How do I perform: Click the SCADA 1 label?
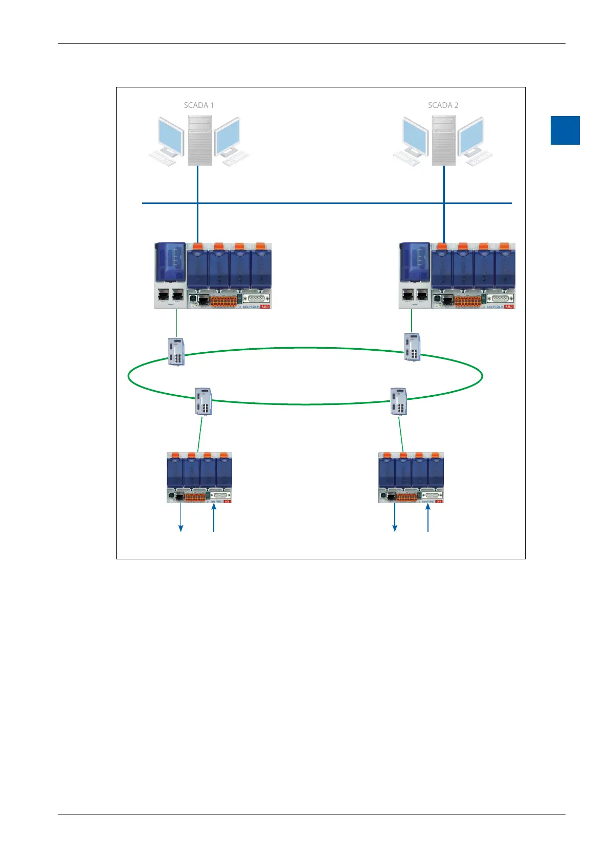(x=199, y=105)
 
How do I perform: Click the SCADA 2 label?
(x=443, y=105)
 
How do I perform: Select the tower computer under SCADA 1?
(x=199, y=140)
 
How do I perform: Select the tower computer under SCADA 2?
(x=443, y=140)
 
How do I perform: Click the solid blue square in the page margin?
(x=565, y=130)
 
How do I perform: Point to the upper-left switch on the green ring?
(x=176, y=352)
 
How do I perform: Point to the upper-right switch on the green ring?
(x=412, y=347)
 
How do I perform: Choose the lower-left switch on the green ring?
(x=204, y=401)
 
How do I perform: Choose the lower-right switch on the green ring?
(x=399, y=401)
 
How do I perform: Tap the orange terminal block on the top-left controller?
(x=224, y=301)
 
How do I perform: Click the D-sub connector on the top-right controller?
(x=499, y=299)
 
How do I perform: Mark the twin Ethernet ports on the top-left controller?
(x=172, y=294)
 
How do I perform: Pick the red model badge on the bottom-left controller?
(x=228, y=502)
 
